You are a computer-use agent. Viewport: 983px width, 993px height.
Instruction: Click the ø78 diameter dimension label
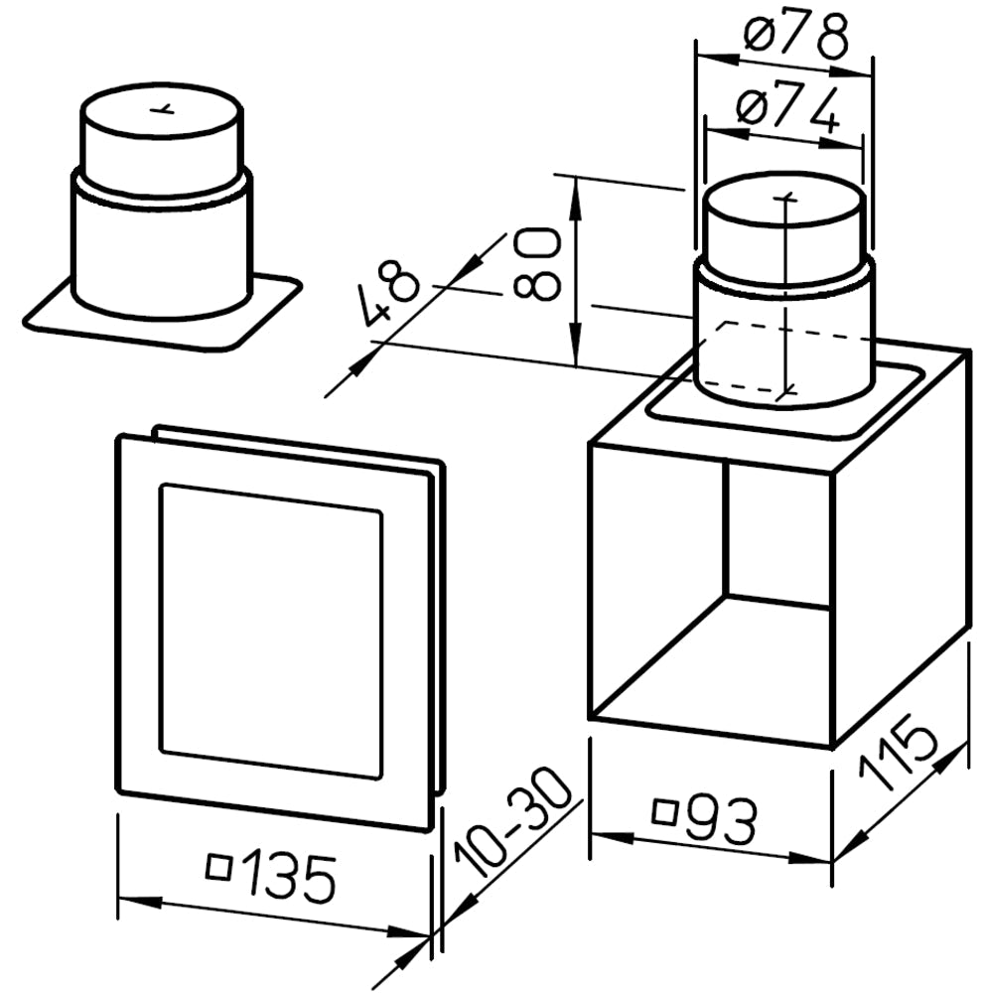tap(796, 33)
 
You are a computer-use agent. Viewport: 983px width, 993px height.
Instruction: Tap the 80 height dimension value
tap(538, 263)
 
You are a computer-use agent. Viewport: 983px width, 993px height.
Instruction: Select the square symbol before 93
tap(664, 812)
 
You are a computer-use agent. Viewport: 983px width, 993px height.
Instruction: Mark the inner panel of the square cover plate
tap(271, 632)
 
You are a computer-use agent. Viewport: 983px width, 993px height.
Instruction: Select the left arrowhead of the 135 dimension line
tap(139, 901)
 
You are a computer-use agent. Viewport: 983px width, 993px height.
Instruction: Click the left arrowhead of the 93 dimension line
tap(612, 836)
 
